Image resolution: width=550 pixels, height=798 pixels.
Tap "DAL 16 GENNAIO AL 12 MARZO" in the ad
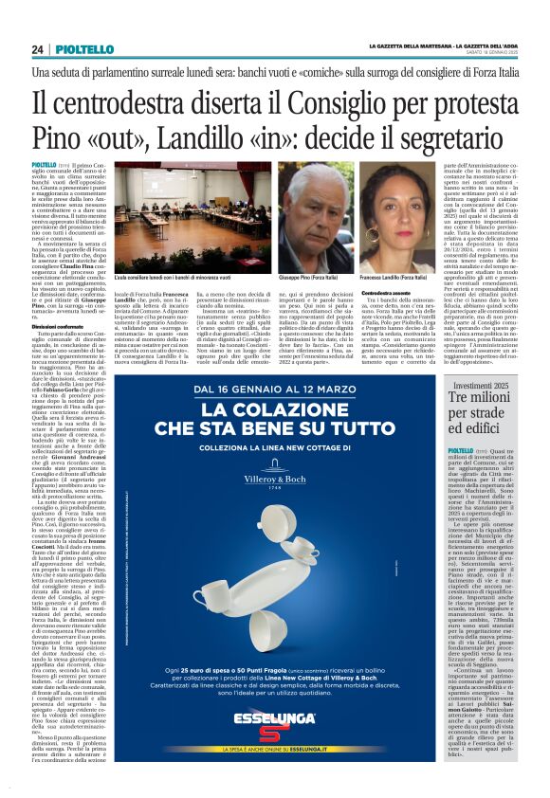291,390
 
